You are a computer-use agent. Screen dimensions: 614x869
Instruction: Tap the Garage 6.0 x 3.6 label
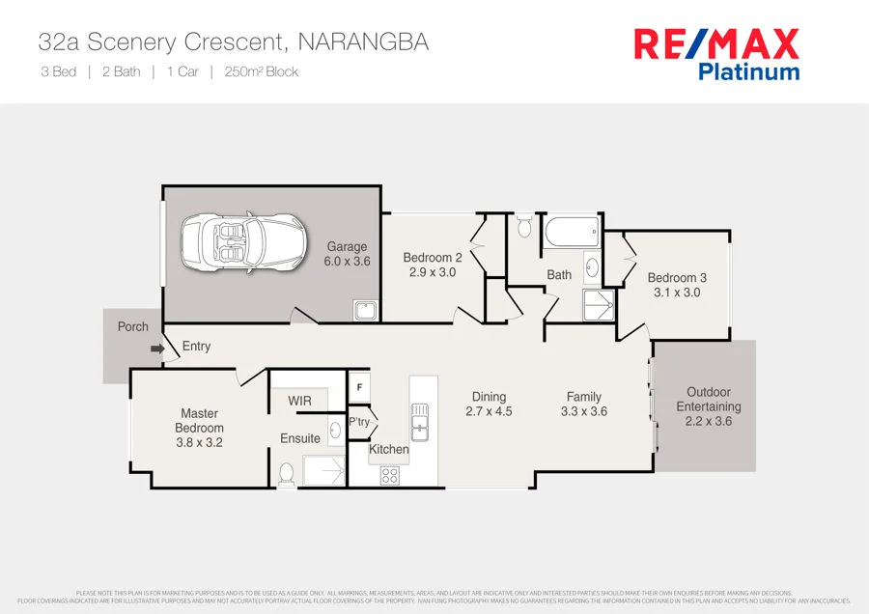click(x=347, y=254)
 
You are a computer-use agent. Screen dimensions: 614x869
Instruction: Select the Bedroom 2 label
click(x=432, y=265)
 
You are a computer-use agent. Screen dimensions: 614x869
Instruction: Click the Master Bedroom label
click(x=200, y=428)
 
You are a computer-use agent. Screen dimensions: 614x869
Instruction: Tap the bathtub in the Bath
click(x=571, y=233)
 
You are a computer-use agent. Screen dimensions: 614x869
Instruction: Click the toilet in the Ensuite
click(x=286, y=473)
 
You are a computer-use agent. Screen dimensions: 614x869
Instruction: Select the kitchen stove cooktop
click(x=390, y=475)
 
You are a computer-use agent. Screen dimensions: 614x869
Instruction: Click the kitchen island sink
click(x=420, y=422)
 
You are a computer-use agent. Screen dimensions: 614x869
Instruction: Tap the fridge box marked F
click(x=359, y=387)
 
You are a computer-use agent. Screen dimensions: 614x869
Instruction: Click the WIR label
click(x=299, y=401)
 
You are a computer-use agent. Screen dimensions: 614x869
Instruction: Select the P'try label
click(x=359, y=422)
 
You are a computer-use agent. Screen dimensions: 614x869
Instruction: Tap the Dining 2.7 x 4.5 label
click(x=490, y=404)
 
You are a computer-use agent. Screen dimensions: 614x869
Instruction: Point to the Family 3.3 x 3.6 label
click(x=584, y=404)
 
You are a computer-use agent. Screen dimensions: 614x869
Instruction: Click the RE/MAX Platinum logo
click(x=715, y=53)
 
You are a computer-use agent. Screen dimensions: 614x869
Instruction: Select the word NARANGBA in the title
click(x=363, y=42)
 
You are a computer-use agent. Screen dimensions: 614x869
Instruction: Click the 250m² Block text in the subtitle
click(x=261, y=71)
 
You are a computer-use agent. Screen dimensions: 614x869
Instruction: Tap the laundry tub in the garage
click(x=365, y=310)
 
